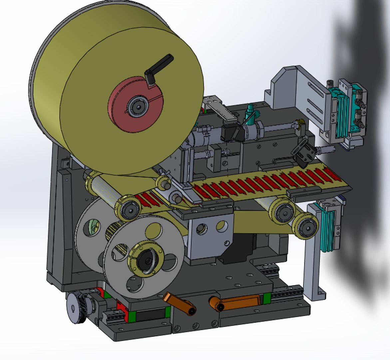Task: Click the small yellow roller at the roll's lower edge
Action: tap(164, 182)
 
